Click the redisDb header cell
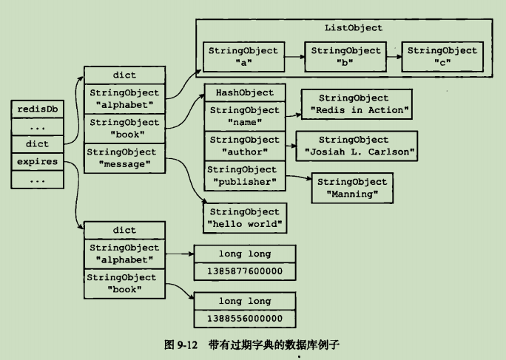tap(37, 109)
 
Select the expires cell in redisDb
tap(37, 161)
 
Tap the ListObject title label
tap(354, 28)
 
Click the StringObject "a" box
tap(243, 56)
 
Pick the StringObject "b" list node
tap(345, 56)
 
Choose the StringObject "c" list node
tap(442, 56)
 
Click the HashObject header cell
tap(244, 93)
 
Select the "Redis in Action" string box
tap(354, 104)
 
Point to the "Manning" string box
tap(352, 188)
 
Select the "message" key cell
tap(122, 157)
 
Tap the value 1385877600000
tap(244, 272)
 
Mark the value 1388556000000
tap(244, 319)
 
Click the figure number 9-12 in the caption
tap(182, 345)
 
